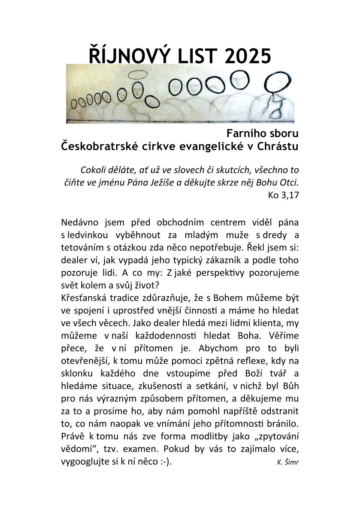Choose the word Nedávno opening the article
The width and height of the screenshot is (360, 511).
80,223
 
